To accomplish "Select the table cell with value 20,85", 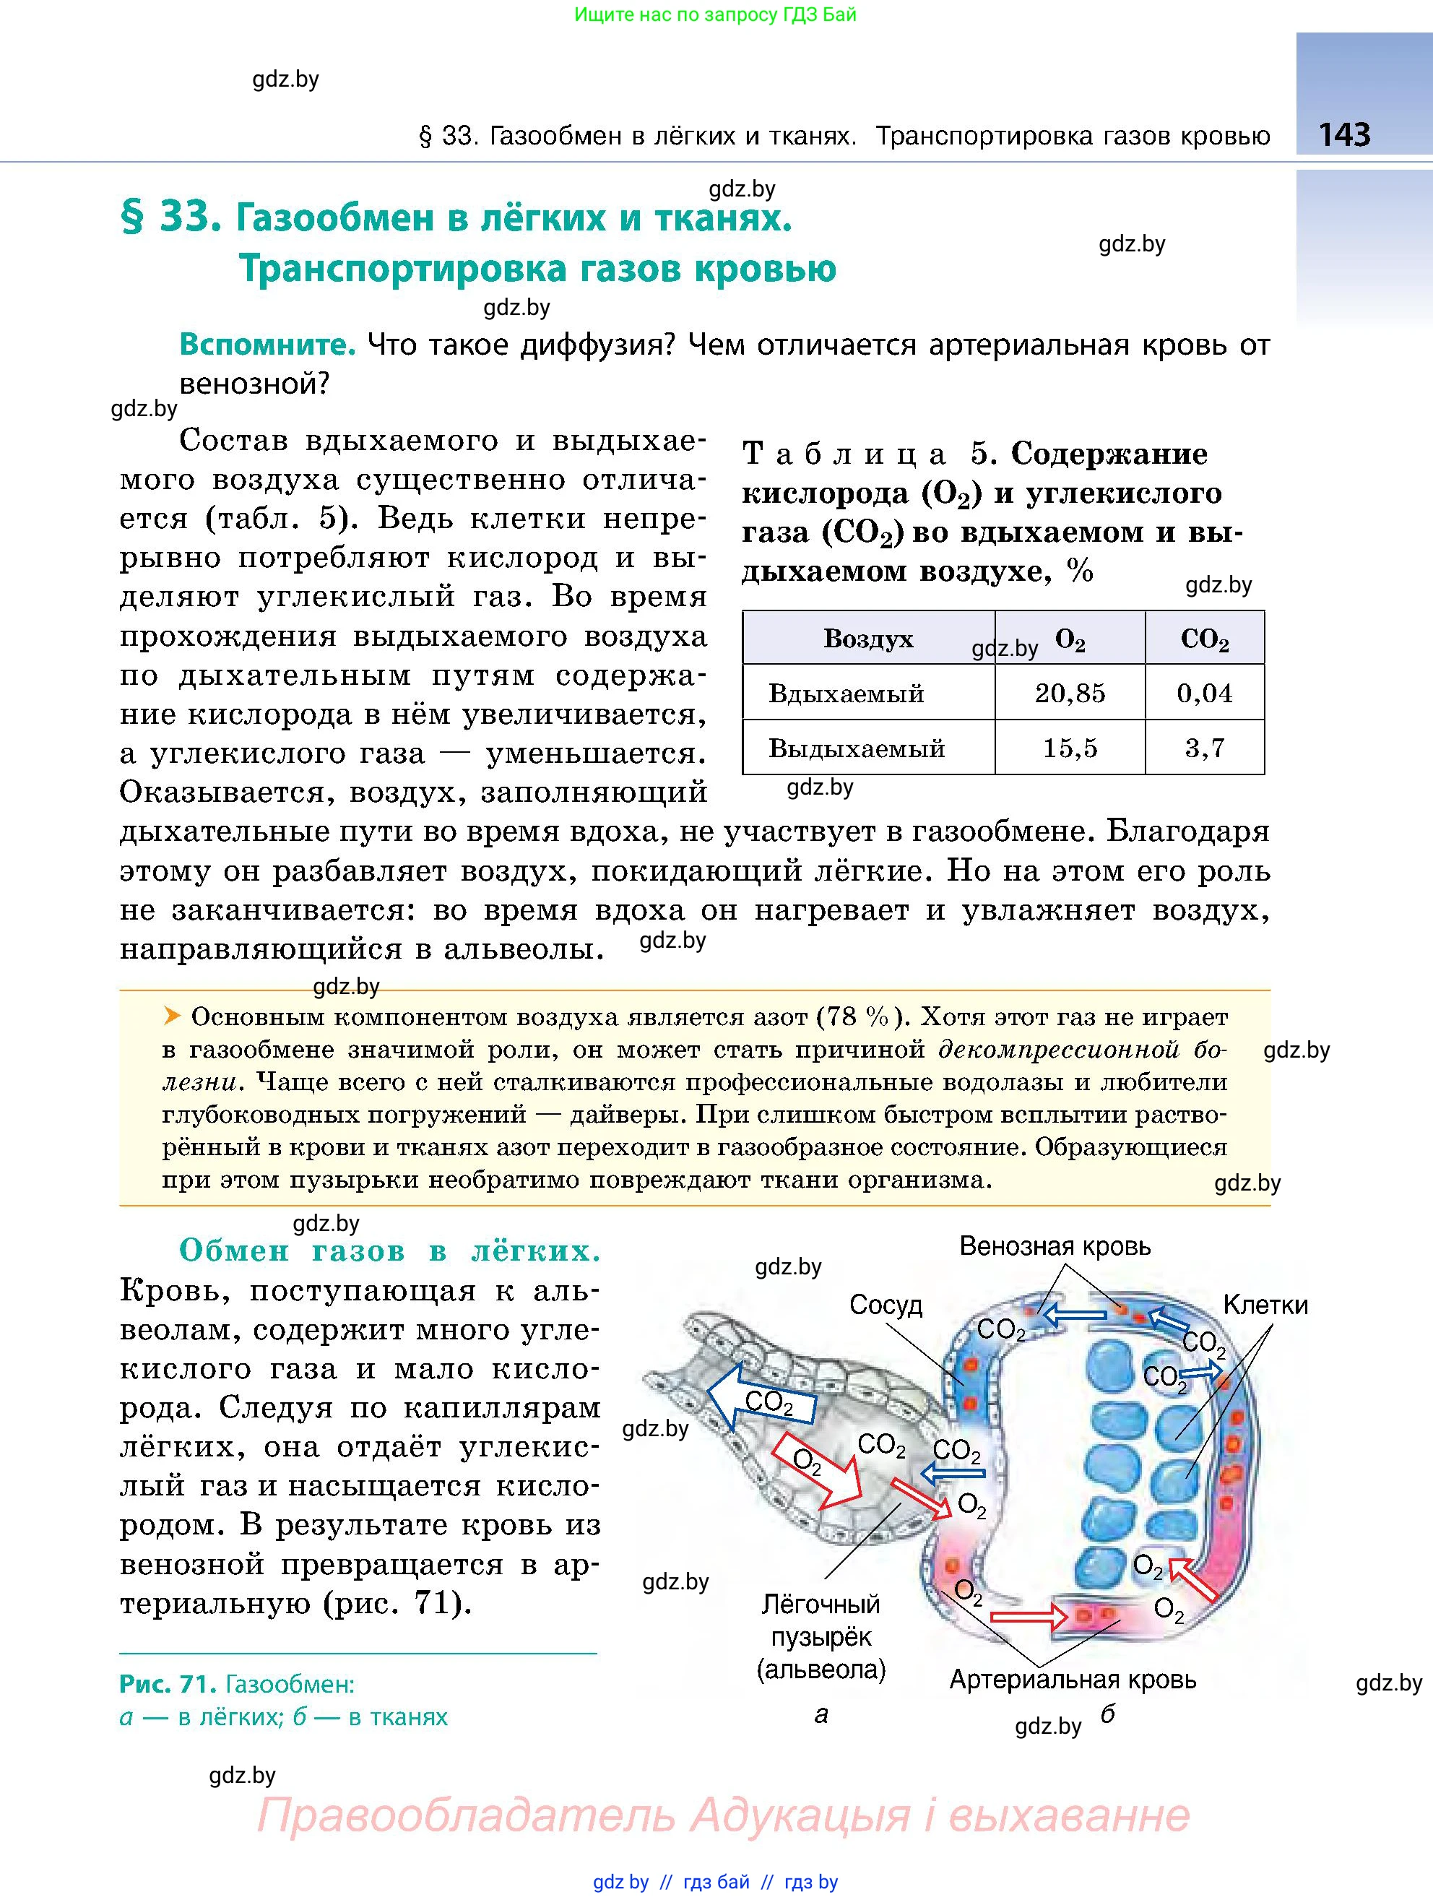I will click(x=1070, y=693).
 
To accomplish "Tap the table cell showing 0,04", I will click(x=1205, y=693).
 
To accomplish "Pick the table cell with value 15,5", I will click(x=1070, y=747).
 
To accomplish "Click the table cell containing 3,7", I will click(x=1205, y=747).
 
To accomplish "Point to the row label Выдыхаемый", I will click(x=856, y=747).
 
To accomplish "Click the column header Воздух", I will click(x=868, y=638).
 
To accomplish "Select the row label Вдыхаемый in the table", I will click(x=846, y=693).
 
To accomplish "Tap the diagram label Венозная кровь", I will click(x=1055, y=1246).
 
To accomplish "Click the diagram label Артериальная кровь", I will click(x=1073, y=1679).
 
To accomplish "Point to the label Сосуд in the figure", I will click(x=886, y=1305).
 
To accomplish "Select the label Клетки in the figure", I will click(x=1265, y=1305).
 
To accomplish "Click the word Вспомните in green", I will click(x=267, y=345).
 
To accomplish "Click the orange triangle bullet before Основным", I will click(x=173, y=1016).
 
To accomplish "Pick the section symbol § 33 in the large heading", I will click(x=165, y=218).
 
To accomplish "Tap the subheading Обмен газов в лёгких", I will click(x=389, y=1251).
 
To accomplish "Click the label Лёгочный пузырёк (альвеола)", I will click(x=821, y=1636).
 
